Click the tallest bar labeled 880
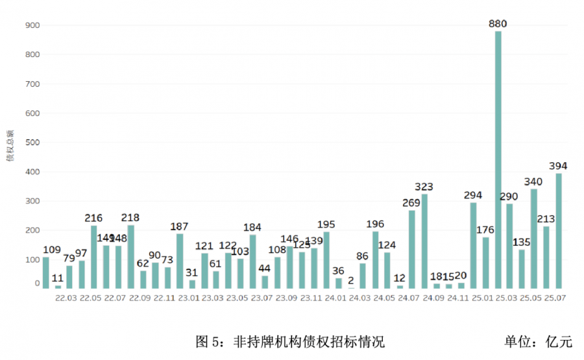(x=498, y=160)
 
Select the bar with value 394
(x=559, y=230)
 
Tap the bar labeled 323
(x=424, y=241)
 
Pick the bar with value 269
(x=412, y=249)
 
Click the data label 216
(x=94, y=218)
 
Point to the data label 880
(x=498, y=24)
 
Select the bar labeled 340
(x=534, y=238)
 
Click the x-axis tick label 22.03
(x=67, y=298)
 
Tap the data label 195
(x=326, y=224)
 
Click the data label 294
(x=474, y=195)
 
